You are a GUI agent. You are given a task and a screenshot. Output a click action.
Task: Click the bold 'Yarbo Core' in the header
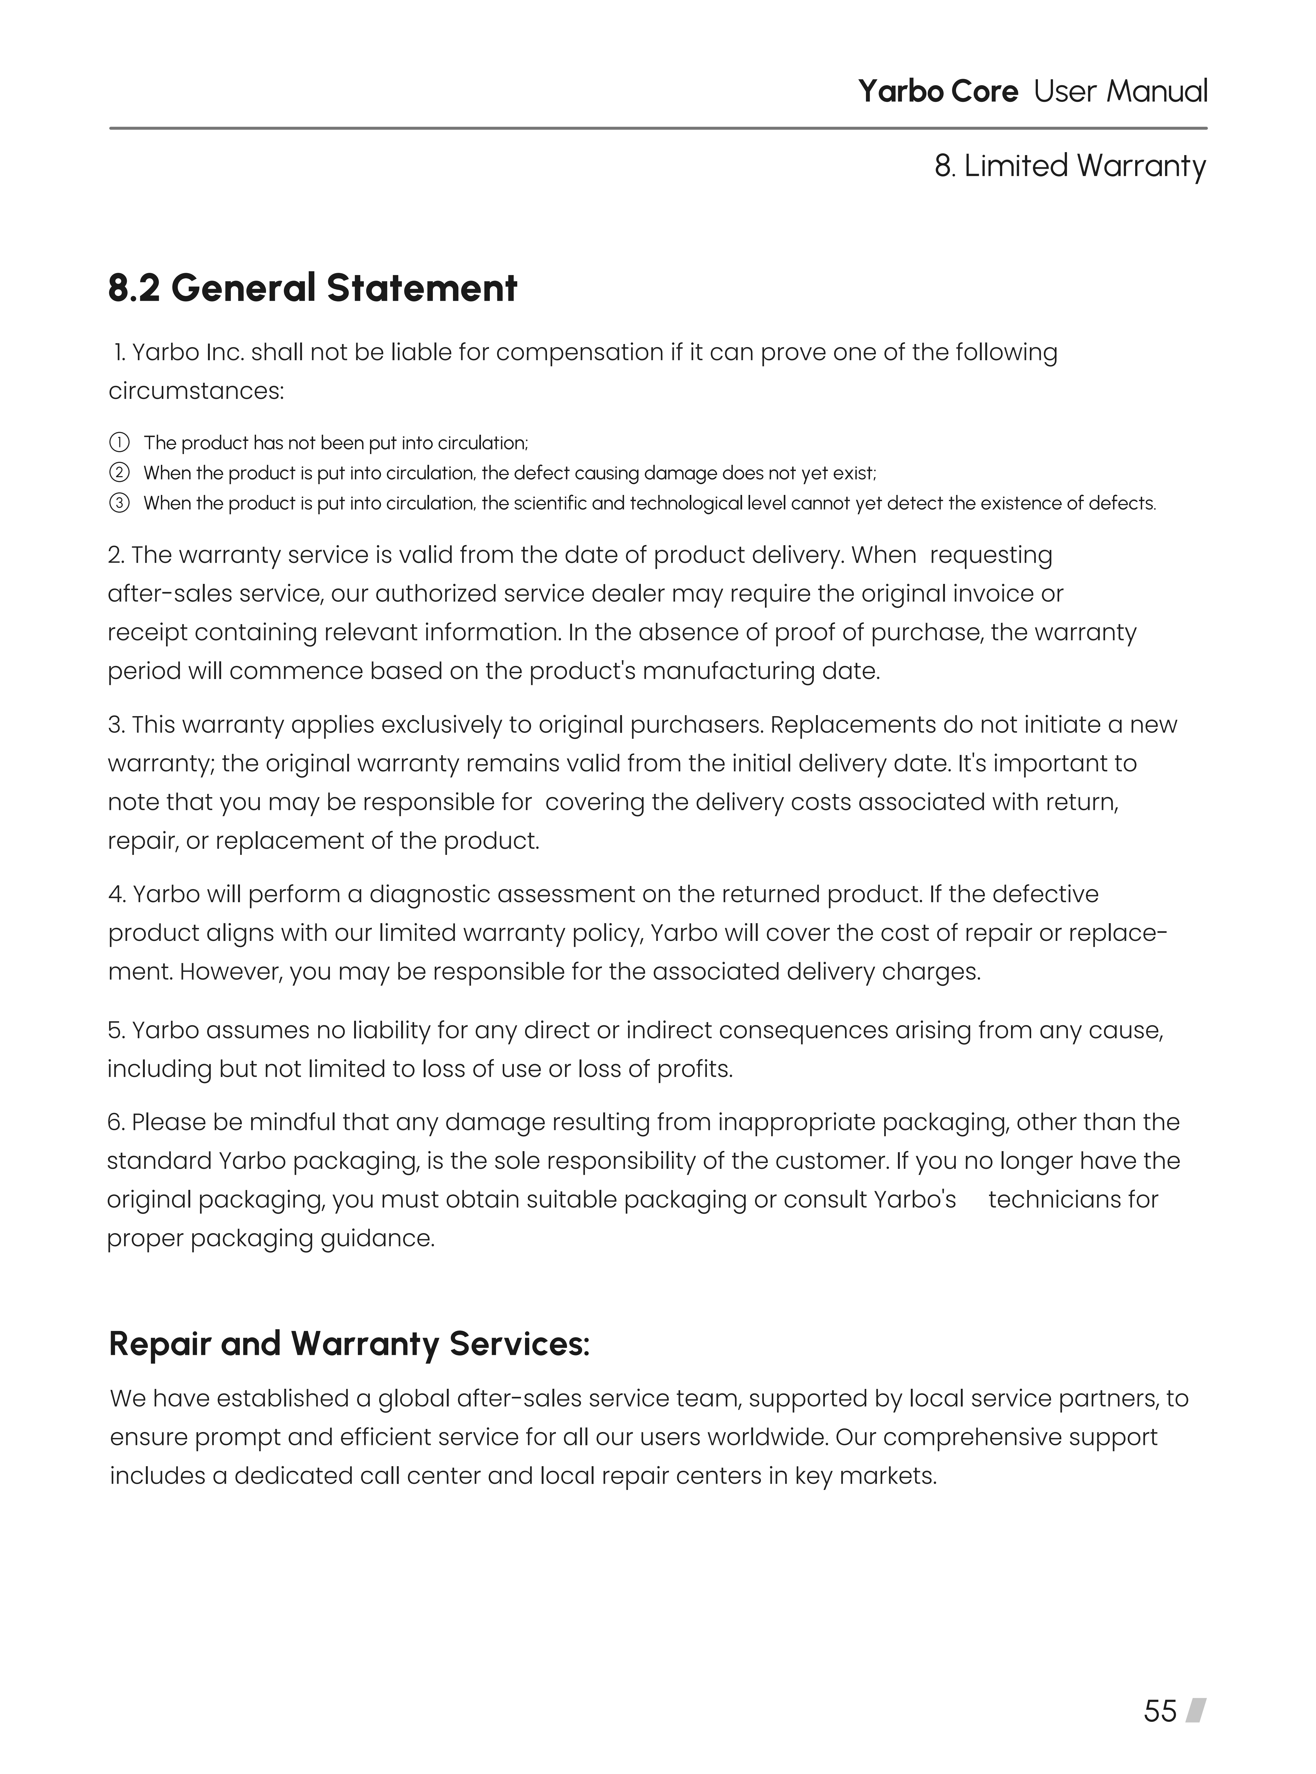[x=938, y=92]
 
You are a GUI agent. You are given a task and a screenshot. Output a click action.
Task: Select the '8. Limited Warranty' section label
[x=1070, y=167]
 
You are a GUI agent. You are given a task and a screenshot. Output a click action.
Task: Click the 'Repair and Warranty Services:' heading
[x=349, y=1344]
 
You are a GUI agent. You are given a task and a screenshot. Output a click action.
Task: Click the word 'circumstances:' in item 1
[x=196, y=391]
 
